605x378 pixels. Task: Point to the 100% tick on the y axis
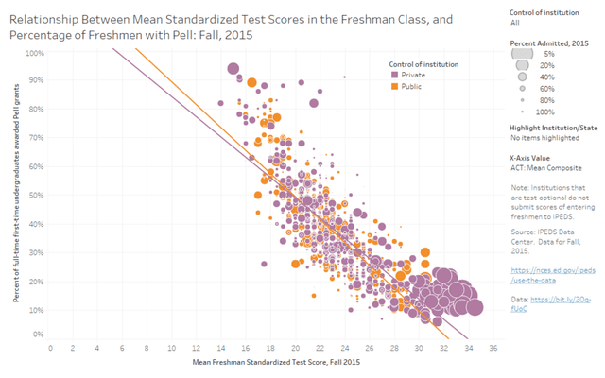click(36, 53)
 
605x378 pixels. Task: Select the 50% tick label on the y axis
click(37, 194)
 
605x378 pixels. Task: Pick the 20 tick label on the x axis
click(295, 347)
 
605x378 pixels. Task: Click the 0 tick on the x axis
click(51, 347)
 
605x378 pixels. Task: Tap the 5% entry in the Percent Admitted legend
click(549, 54)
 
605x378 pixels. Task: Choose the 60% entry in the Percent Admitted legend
click(549, 87)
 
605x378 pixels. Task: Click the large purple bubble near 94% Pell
click(233, 68)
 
